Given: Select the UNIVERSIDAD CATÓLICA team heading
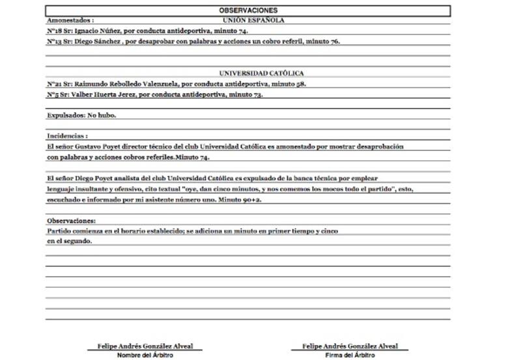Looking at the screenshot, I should (261, 74).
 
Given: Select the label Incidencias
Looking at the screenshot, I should (67, 137).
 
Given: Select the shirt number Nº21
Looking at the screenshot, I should (54, 84).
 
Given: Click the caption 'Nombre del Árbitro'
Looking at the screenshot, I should (145, 355).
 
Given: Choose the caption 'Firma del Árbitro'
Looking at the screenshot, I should (350, 355).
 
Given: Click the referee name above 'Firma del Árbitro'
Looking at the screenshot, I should (350, 346).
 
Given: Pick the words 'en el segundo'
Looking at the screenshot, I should (68, 242).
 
